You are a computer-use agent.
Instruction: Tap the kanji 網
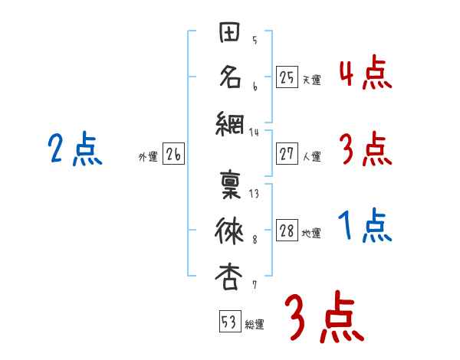pyautogui.click(x=230, y=122)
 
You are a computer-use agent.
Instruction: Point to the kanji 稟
pyautogui.click(x=230, y=185)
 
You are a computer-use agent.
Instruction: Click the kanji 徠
pyautogui.click(x=230, y=230)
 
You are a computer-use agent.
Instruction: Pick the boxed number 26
pyautogui.click(x=173, y=155)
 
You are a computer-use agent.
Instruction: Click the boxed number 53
pyautogui.click(x=229, y=322)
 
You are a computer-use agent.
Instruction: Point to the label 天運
pyautogui.click(x=311, y=80)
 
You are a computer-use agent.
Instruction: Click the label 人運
pyautogui.click(x=311, y=157)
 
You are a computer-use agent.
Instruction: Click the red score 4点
pyautogui.click(x=365, y=74)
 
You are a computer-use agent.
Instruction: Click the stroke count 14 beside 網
pyautogui.click(x=255, y=133)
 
